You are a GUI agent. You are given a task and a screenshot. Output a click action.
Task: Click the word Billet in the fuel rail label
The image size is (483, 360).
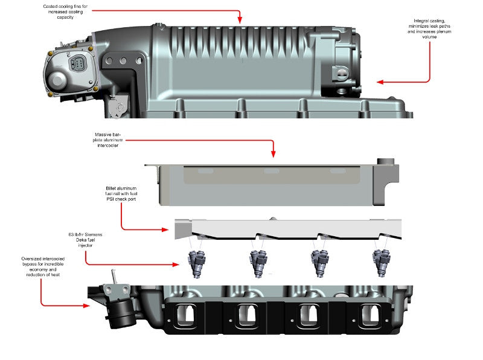(112, 188)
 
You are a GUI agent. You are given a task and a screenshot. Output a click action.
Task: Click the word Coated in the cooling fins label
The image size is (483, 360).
(52, 6)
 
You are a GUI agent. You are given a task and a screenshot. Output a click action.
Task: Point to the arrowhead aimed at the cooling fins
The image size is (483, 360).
(240, 21)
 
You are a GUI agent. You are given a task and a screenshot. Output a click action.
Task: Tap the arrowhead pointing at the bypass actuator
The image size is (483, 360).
(88, 306)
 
